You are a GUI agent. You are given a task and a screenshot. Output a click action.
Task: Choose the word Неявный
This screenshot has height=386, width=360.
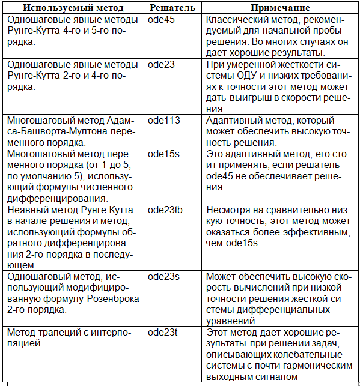coord(25,210)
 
